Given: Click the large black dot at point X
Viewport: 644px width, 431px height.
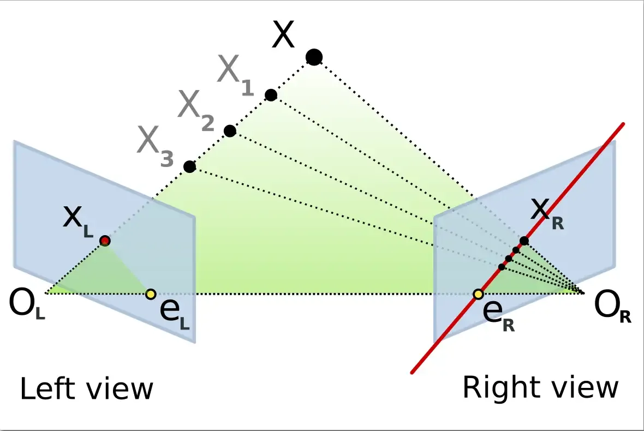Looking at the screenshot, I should point(314,56).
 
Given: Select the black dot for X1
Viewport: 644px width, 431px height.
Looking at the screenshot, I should point(271,95).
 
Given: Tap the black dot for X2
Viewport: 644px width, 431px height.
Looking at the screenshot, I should point(230,131).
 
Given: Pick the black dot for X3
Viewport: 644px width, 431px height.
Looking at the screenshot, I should point(189,166).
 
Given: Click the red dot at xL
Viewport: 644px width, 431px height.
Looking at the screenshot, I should point(105,241).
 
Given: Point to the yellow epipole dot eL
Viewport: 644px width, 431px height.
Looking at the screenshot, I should point(151,294).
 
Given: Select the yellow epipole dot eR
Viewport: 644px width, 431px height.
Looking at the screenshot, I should point(478,295).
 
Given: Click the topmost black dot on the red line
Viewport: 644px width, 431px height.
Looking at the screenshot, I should point(524,241).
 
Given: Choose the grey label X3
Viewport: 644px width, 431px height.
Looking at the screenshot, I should point(155,146).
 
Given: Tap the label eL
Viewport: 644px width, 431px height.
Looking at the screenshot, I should point(174,314).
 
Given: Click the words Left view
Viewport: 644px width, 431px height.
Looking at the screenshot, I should point(86,389).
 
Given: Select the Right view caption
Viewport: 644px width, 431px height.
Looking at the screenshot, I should point(540,388).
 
